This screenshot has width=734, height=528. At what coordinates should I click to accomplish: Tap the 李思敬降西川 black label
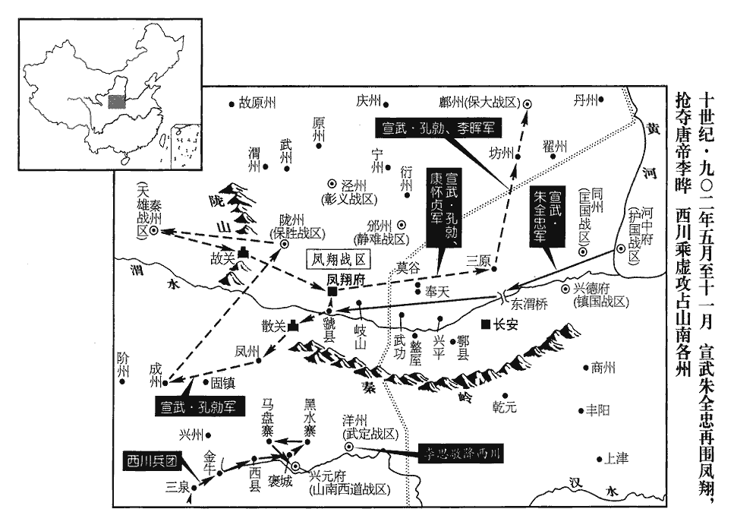(461, 454)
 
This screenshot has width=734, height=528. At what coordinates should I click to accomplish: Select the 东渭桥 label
(529, 305)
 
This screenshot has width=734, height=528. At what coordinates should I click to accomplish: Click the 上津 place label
(616, 459)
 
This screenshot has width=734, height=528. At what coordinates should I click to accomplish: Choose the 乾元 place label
(503, 407)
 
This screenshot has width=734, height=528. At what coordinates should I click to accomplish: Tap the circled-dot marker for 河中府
(622, 248)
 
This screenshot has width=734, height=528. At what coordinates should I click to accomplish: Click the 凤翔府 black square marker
(332, 291)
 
